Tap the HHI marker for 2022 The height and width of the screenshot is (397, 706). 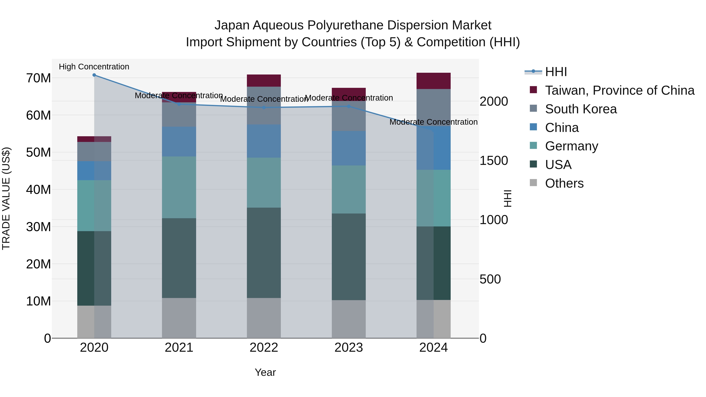(x=264, y=108)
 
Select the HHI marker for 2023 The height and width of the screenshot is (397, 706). (x=349, y=106)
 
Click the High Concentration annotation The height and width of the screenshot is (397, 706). (x=94, y=67)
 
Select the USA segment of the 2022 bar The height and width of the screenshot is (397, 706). (x=264, y=253)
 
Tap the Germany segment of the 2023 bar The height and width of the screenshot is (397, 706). (x=349, y=189)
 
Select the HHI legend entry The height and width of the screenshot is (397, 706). (x=556, y=72)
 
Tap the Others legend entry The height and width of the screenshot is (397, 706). (x=564, y=183)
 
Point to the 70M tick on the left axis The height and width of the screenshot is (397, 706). (x=38, y=78)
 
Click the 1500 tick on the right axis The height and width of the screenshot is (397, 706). (x=494, y=161)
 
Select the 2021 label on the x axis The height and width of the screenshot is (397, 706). (x=179, y=348)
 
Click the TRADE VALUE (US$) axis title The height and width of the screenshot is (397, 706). (x=6, y=198)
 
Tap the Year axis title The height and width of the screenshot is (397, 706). (x=265, y=372)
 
